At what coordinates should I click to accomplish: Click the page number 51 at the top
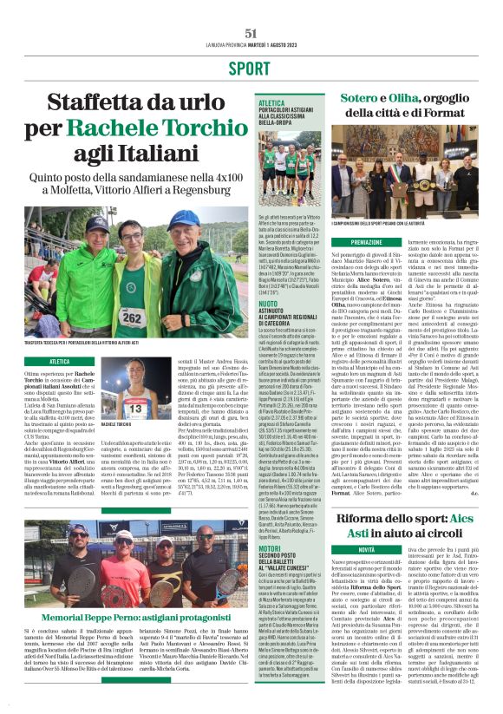point(251,33)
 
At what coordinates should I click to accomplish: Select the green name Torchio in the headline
point(190,129)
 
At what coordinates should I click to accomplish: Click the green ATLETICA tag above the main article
point(60,361)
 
